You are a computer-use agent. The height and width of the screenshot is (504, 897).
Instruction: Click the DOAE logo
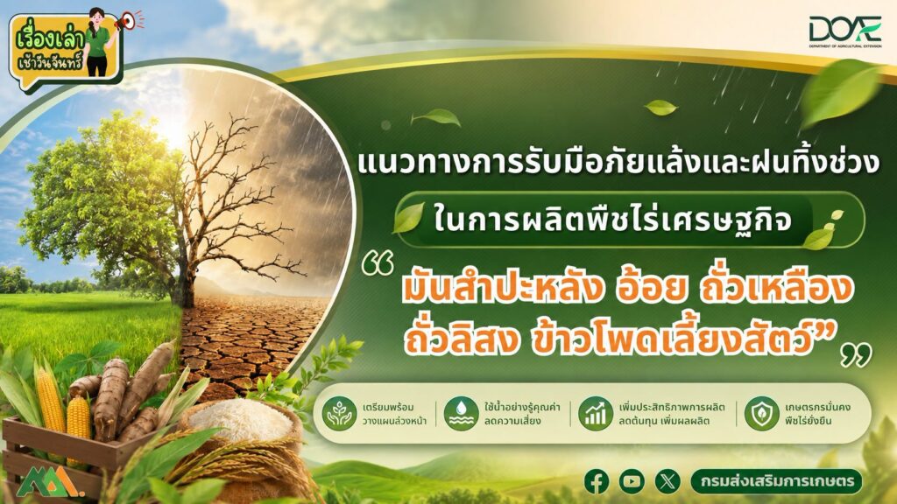pos(845,31)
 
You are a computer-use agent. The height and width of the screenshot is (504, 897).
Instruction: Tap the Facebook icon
pos(597,481)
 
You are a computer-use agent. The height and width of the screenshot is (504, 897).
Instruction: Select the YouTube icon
pos(632,481)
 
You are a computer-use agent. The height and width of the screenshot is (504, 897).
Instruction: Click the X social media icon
pos(667,481)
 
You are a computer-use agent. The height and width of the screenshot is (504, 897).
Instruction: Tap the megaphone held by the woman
pos(126,21)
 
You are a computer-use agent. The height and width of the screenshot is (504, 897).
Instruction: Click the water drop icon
pos(461,413)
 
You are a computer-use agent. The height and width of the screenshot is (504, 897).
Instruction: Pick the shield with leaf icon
pos(761,413)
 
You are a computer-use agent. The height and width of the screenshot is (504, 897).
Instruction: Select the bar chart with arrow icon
pos(596,413)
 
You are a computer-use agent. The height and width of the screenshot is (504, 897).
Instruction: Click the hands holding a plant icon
pos(339,413)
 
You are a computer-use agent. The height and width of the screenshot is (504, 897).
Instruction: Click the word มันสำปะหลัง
pos(502,289)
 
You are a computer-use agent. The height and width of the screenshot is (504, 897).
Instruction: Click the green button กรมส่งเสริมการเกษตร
pos(776,481)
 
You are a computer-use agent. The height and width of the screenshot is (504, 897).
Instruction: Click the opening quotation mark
pos(378,264)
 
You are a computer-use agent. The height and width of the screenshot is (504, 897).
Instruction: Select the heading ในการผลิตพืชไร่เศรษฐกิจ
pos(612,220)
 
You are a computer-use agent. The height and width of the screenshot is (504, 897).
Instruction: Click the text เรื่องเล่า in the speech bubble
pos(50,38)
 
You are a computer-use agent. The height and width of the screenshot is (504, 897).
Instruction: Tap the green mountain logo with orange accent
pos(50,483)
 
